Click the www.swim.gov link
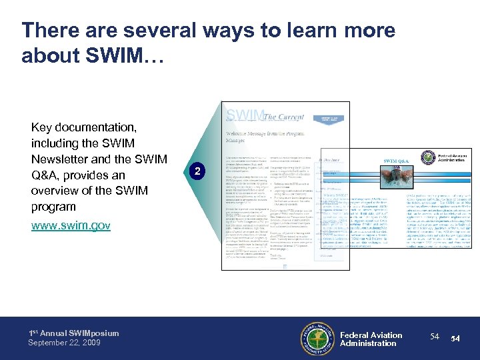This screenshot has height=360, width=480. coord(71,226)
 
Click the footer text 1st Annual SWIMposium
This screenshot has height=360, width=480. coord(73,333)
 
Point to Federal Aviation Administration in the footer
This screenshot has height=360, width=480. coord(371,339)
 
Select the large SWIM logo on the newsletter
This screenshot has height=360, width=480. coord(245,115)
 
